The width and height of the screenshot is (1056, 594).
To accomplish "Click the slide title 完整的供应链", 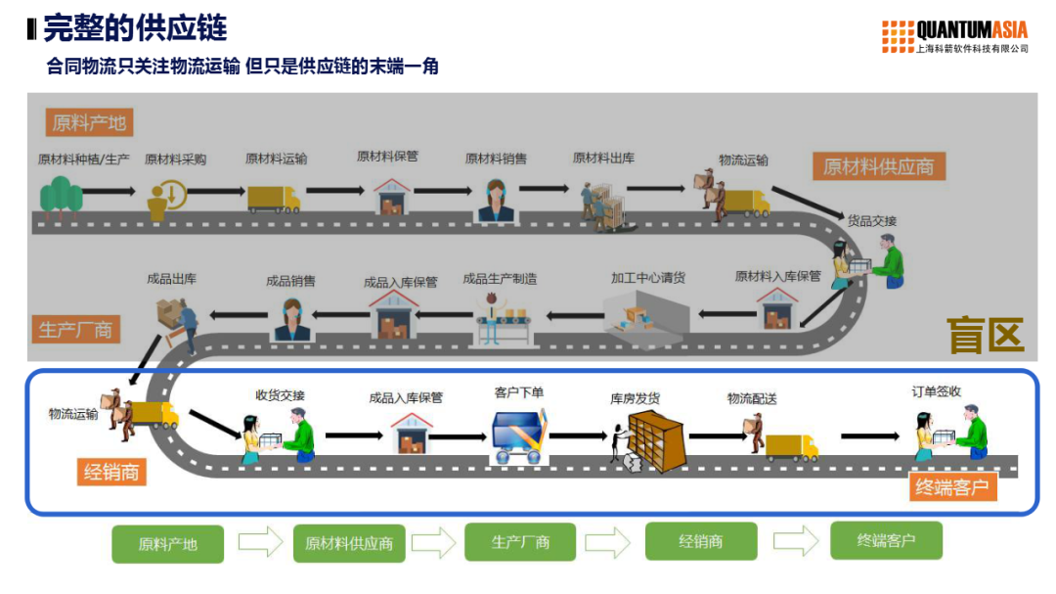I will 135,28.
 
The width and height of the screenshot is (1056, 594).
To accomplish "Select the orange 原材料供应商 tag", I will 877,166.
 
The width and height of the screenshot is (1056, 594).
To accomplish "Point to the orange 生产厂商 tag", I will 75,330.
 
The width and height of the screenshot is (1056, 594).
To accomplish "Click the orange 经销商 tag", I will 111,473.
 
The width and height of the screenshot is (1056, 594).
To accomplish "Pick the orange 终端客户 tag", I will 951,486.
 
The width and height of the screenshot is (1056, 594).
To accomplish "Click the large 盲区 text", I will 985,336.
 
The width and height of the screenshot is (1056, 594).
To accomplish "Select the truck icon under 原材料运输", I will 273,199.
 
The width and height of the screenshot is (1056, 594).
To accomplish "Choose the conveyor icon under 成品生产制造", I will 504,319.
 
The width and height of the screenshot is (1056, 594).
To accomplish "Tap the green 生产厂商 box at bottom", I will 520,542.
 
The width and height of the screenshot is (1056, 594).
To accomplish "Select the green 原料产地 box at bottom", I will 167,544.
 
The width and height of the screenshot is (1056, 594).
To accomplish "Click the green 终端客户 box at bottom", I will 886,540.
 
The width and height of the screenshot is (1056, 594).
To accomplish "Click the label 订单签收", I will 936,391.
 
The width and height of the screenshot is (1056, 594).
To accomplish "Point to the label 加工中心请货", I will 648,278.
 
